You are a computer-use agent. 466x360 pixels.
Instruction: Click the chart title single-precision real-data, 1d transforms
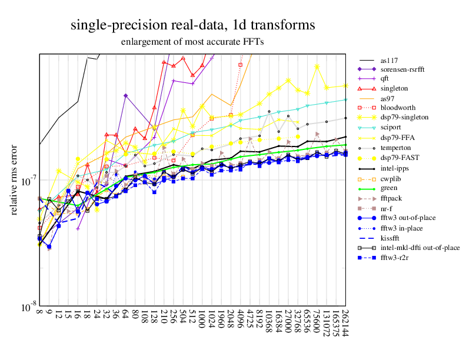tap(192, 25)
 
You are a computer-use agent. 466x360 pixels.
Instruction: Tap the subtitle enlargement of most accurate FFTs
tap(192, 42)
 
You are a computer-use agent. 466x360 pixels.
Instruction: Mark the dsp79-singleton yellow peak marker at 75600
tap(317, 66)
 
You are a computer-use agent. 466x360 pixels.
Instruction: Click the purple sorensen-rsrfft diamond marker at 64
tap(126, 95)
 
